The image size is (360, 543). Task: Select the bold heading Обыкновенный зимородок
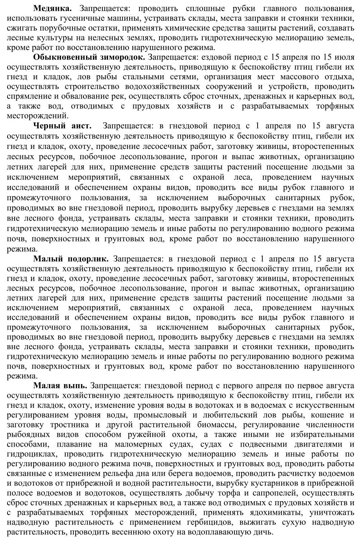tap(89, 57)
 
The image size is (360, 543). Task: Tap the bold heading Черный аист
tap(62, 126)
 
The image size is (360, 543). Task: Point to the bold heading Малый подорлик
tap(71, 258)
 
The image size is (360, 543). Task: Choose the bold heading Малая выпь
tap(60, 386)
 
